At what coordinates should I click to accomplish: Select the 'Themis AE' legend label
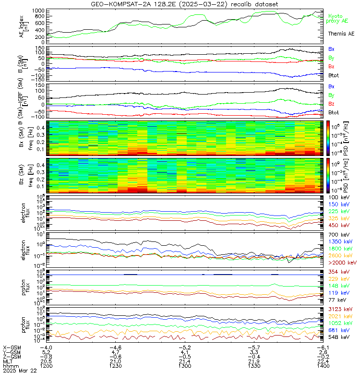341,34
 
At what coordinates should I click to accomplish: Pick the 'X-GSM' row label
12,347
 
